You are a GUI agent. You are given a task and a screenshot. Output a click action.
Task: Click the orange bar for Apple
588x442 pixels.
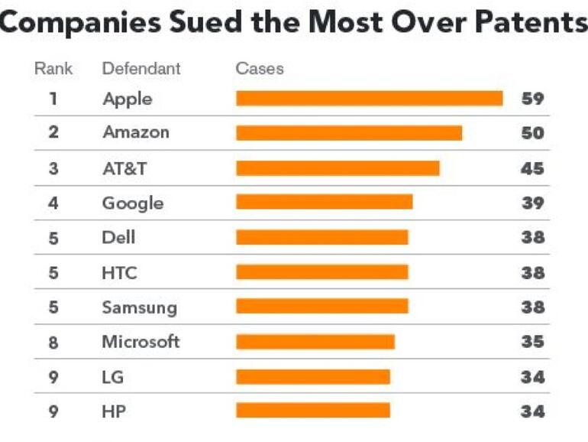(369, 99)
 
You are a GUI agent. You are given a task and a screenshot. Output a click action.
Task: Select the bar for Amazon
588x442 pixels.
(349, 133)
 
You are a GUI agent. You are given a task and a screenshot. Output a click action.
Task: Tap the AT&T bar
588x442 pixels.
(338, 168)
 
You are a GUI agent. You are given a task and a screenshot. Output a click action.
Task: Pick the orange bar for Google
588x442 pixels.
(324, 202)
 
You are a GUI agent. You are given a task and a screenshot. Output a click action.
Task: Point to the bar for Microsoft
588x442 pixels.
(315, 342)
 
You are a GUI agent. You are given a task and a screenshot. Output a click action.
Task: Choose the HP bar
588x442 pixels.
(312, 411)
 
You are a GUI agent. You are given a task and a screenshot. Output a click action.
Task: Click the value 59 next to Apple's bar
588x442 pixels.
(532, 99)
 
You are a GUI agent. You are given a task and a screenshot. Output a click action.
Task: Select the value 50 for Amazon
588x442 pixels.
(532, 133)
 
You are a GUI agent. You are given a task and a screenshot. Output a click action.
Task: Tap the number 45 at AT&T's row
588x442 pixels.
(532, 168)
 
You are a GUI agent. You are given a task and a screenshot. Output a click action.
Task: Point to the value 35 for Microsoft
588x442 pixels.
(532, 342)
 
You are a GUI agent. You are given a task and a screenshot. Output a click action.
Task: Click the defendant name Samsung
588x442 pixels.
(139, 307)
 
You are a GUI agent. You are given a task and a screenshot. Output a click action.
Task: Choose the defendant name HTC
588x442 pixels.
(119, 272)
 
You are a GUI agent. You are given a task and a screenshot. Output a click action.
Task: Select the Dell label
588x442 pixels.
(118, 237)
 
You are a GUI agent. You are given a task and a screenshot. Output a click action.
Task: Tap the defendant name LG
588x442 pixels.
(112, 377)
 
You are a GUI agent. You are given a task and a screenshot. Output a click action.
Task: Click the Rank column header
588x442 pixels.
(53, 69)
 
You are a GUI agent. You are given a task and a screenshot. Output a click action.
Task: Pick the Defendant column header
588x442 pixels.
(141, 69)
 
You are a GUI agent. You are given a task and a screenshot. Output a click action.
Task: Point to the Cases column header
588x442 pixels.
(260, 69)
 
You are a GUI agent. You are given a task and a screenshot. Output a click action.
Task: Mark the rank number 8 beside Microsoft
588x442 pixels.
(53, 342)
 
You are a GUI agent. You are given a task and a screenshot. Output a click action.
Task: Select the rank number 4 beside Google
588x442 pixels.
(53, 203)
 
